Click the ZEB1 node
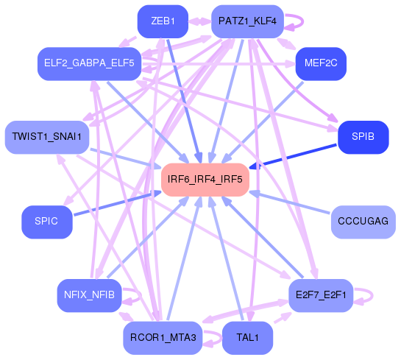tap(163, 21)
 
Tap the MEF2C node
tap(320, 63)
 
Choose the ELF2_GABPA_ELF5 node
tap(89, 64)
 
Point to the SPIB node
tap(363, 137)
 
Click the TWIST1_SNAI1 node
tap(46, 137)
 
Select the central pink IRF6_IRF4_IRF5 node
tap(205, 179)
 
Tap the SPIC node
tap(46, 221)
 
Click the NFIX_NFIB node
tap(88, 295)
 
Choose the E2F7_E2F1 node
tap(321, 295)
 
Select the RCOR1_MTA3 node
tap(163, 338)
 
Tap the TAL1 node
tap(246, 338)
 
